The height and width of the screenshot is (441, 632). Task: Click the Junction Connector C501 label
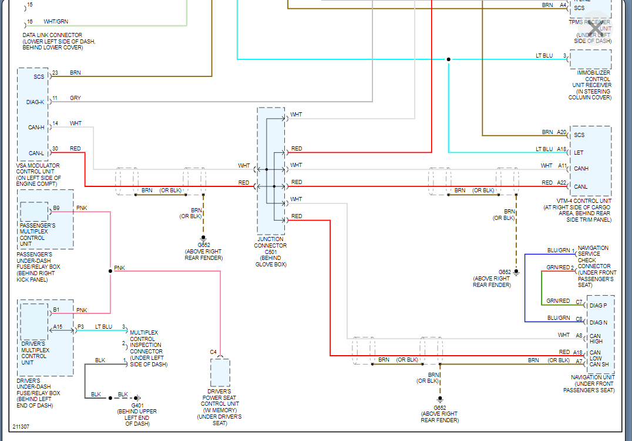coord(271,252)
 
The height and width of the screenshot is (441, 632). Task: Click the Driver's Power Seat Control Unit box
coord(220,373)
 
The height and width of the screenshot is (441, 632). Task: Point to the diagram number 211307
coord(22,427)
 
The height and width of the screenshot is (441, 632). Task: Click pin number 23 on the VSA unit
coord(55,73)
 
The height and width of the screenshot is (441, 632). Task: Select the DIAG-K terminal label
coord(35,102)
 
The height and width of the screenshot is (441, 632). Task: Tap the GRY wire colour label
coord(75,98)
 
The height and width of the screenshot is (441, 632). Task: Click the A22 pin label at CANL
coord(562,183)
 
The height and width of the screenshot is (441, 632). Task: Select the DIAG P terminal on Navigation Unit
coord(599,306)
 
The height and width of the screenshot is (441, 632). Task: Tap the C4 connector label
coord(213,352)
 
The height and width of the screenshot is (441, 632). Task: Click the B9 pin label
coord(56,208)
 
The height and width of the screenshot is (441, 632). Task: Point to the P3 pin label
coord(80,327)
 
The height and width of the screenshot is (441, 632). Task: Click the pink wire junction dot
coord(110,271)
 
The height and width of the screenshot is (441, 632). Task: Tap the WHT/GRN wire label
coord(56,22)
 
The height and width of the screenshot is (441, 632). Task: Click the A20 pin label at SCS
coord(562,132)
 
